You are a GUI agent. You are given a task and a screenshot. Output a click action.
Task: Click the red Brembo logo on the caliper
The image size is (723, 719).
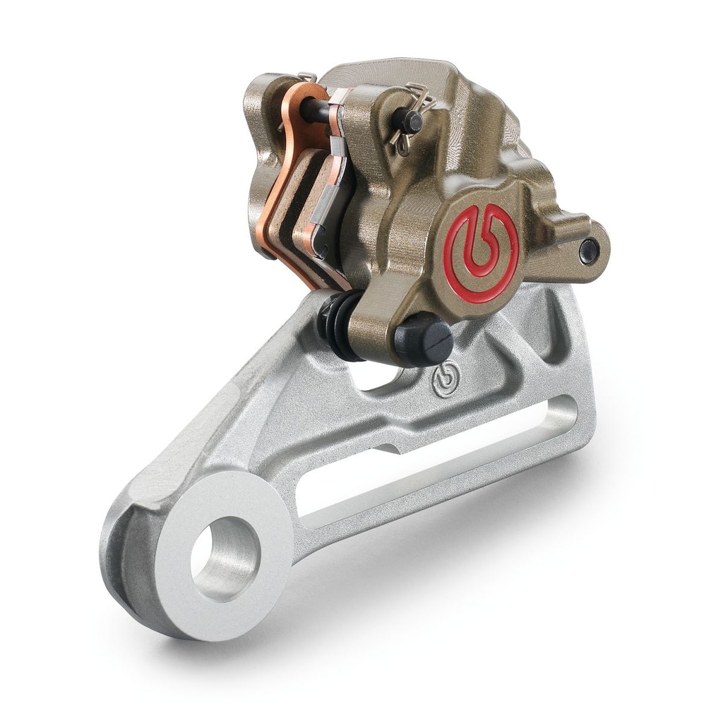pyautogui.click(x=482, y=253)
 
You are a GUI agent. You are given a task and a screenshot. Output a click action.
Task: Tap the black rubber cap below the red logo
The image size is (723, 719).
pyautogui.click(x=423, y=338)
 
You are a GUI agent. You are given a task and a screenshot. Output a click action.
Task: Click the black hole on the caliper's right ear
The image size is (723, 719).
pyautogui.click(x=587, y=249)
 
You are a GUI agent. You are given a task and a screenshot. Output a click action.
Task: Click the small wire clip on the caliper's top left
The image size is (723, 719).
pyautogui.click(x=305, y=77)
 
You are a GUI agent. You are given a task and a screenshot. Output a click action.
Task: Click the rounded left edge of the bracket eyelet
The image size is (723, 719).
pyautogui.click(x=116, y=558)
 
